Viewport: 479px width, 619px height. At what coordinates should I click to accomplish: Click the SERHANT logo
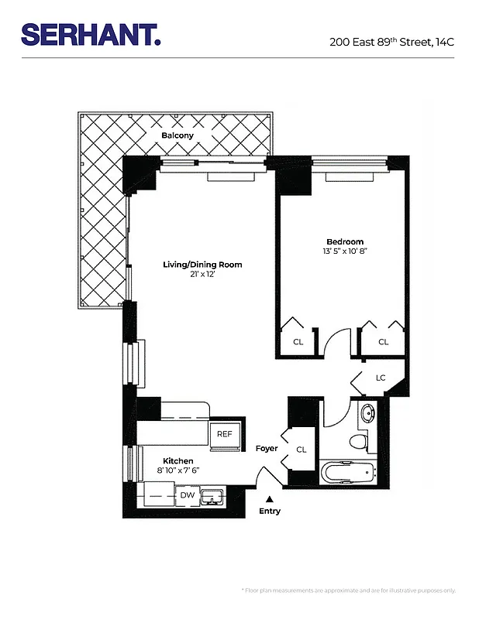tap(91, 34)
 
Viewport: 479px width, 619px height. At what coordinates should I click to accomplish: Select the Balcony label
tap(177, 136)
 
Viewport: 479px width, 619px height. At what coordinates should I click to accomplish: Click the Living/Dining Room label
tap(202, 265)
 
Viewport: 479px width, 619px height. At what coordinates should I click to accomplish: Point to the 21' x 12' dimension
tap(202, 275)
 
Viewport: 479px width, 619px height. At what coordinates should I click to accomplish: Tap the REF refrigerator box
tap(225, 435)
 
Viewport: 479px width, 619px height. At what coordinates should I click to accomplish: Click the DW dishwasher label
tap(187, 495)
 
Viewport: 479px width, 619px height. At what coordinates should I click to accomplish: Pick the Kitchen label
tap(177, 460)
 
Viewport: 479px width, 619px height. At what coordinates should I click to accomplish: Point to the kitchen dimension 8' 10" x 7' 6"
tap(177, 470)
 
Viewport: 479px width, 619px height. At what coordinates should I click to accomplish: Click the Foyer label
tap(267, 449)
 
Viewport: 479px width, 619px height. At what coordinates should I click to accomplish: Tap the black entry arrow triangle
tap(269, 499)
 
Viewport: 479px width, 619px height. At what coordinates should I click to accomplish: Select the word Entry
tap(270, 511)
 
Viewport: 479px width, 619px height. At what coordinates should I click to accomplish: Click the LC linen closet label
tap(381, 378)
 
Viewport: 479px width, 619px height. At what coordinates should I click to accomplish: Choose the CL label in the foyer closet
tap(302, 449)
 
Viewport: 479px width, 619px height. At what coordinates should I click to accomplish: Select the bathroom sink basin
tap(367, 412)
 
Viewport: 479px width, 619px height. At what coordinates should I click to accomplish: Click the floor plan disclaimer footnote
tap(349, 590)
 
